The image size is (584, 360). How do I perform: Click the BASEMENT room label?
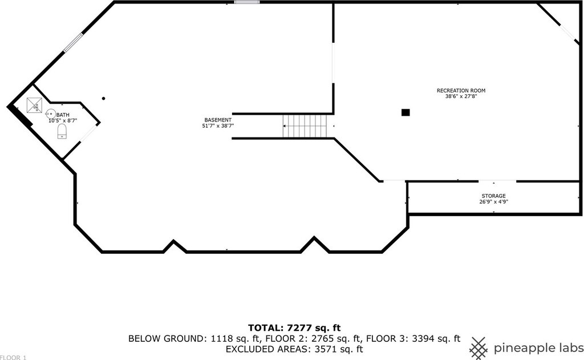pos(218,120)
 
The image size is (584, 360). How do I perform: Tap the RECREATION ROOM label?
pos(461,91)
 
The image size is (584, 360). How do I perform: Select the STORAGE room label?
pos(493,196)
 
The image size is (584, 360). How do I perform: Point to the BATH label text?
pos(63,115)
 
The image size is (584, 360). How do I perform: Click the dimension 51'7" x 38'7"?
pos(218,126)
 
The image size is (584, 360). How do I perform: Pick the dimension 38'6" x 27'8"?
pos(461,96)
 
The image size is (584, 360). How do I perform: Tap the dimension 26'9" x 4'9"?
pos(493,201)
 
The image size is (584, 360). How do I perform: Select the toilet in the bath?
pos(62,132)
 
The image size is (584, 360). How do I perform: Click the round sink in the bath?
pos(50,114)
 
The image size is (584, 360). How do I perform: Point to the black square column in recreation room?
pos(405,112)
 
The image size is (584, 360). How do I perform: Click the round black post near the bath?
pos(103,98)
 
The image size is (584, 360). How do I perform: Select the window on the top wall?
pos(247,2)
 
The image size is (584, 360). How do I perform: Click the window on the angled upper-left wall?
pos(73,43)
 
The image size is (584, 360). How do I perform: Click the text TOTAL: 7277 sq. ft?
pos(294,327)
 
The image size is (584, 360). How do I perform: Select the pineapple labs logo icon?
pos(479,346)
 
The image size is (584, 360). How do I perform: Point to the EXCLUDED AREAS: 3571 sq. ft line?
pos(294,349)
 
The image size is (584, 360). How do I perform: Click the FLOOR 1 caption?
pos(13,357)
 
